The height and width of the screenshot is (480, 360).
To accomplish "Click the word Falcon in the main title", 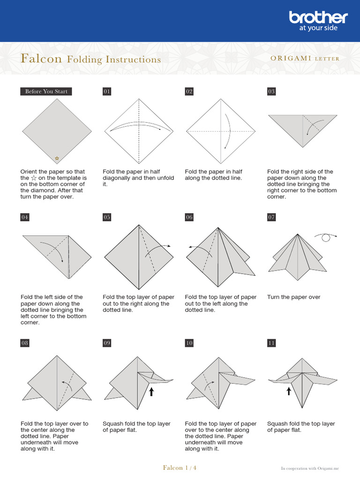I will coord(41,59).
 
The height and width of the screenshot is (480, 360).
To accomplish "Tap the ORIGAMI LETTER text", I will coord(305,59).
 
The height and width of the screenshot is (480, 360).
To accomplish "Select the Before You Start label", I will coord(46,91).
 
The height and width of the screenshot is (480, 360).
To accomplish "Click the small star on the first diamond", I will coord(57,159).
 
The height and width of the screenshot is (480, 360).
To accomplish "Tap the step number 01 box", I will coord(107,91).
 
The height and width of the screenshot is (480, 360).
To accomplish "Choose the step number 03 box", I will coord(271,91).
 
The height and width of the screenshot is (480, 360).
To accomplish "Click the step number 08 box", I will coord(25,343).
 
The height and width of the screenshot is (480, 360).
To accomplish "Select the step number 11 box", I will coord(271,343).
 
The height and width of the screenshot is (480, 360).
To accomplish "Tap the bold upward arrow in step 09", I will coord(151,391).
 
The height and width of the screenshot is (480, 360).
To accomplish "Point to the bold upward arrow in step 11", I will coord(289,390).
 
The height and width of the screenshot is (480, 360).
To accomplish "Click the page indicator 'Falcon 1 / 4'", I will coord(180,468).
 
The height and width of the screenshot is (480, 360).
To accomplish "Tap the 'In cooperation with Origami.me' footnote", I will coord(309,468).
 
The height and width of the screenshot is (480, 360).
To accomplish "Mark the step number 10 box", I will coord(189,343).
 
